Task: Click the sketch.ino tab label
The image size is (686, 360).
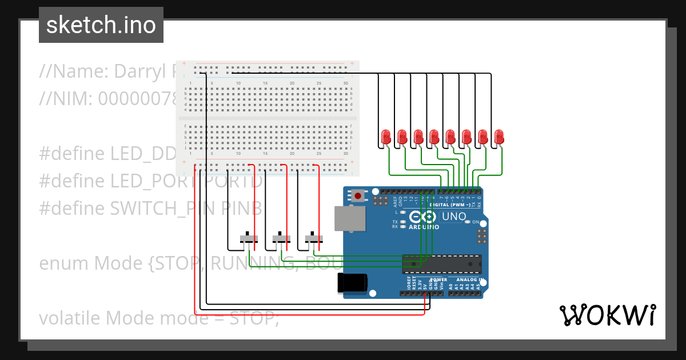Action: point(101,25)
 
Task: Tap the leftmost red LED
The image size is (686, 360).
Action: point(386,137)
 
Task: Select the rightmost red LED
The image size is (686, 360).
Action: point(499,137)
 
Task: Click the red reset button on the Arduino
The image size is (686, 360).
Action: point(358,196)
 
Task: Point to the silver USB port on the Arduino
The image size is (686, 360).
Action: point(348,218)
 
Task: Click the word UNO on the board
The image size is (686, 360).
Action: point(454,217)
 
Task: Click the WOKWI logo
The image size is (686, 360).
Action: point(607,315)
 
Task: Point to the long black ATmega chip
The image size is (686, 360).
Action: point(441,263)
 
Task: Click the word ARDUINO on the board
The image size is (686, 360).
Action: point(424,227)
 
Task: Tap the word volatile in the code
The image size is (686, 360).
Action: point(70,318)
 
